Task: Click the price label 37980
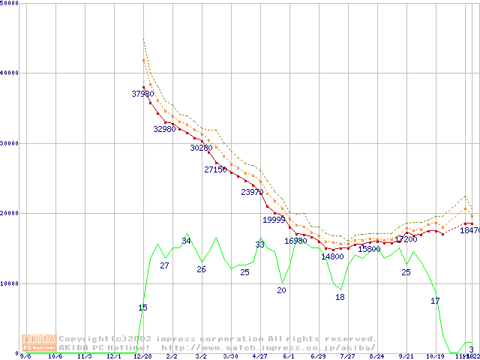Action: [142, 94]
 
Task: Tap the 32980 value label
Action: [164, 129]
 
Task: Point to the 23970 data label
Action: [252, 192]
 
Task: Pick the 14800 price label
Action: [332, 256]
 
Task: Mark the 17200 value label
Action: [406, 239]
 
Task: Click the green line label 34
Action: [186, 241]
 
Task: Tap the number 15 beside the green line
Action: [142, 307]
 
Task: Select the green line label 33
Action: [259, 244]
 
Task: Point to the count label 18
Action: [340, 297]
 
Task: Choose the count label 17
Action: [435, 301]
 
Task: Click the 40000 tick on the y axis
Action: [10, 73]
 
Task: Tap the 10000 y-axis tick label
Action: [10, 283]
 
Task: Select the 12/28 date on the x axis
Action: [142, 357]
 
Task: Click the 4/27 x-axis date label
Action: [259, 357]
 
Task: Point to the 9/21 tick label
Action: [406, 357]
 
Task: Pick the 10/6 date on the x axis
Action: [55, 357]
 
